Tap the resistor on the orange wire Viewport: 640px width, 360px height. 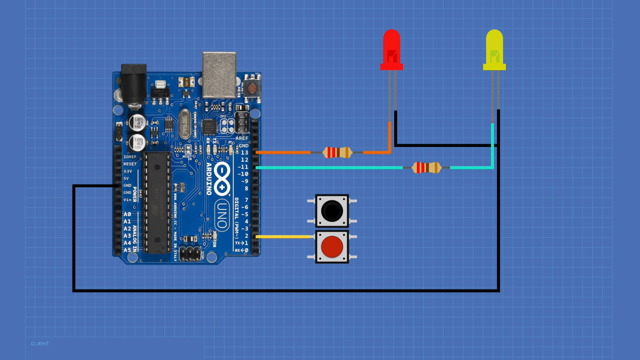point(337,152)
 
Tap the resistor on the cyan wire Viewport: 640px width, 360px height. point(426,167)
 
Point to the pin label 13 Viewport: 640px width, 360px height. point(244,152)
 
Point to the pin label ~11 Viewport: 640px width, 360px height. point(243,167)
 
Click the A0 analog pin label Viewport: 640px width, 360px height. point(127,214)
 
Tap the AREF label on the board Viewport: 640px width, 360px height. point(242,138)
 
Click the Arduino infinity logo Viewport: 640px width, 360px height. point(222,179)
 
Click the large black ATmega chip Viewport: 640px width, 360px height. point(157,202)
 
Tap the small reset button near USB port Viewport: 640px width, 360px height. point(252,88)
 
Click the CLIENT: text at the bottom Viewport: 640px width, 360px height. point(40,344)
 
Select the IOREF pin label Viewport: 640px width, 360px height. point(130,157)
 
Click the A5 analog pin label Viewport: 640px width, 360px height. point(127,250)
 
